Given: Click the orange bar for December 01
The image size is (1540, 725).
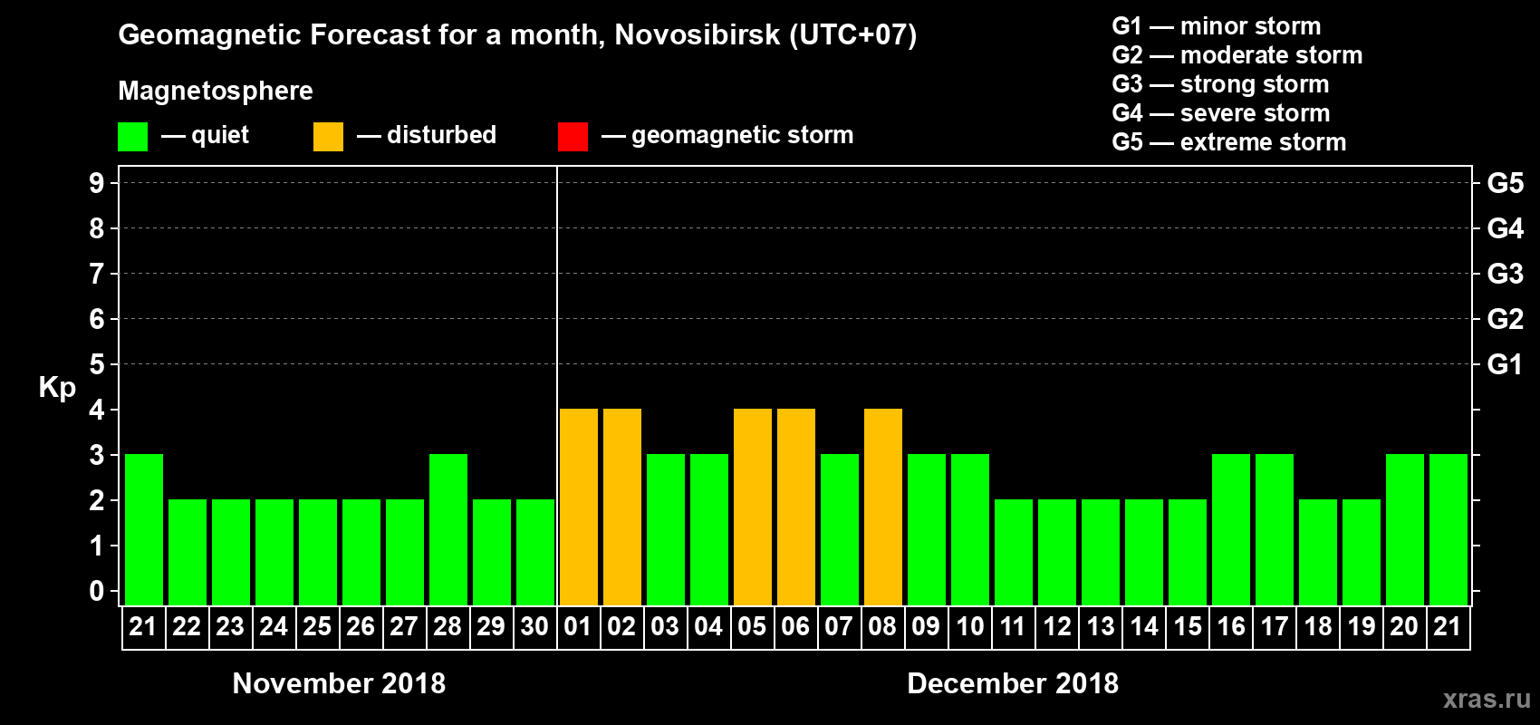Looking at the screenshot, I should tap(579, 507).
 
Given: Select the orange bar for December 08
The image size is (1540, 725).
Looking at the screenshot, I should tap(883, 507).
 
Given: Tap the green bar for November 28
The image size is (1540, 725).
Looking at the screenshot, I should tap(448, 530).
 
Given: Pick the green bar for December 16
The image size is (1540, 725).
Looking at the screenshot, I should tap(1231, 530).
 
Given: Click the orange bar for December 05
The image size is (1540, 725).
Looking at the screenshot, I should tap(753, 507).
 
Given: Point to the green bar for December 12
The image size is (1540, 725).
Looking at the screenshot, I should tap(1057, 553).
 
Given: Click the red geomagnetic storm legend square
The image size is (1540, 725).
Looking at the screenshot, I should tap(573, 137).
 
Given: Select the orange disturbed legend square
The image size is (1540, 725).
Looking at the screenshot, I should tap(328, 137).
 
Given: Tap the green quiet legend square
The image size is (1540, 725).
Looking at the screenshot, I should tap(132, 137).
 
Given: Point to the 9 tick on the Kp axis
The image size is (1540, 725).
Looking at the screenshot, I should tap(97, 183).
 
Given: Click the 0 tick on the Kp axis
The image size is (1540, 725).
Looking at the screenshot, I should tap(97, 591).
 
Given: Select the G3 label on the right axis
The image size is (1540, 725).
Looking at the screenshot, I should tap(1505, 274).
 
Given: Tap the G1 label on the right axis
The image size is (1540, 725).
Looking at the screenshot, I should tap(1505, 364).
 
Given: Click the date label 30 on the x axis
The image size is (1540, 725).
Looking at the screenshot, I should tap(534, 626).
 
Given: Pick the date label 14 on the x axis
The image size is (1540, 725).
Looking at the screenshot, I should tap(1144, 626).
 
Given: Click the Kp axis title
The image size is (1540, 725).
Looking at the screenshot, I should tap(57, 388).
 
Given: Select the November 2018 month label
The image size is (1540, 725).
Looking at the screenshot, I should tap(339, 683).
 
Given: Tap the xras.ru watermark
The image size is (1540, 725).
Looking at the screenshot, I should tap(1486, 699).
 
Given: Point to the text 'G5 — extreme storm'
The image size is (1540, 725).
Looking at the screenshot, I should tap(1228, 142).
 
